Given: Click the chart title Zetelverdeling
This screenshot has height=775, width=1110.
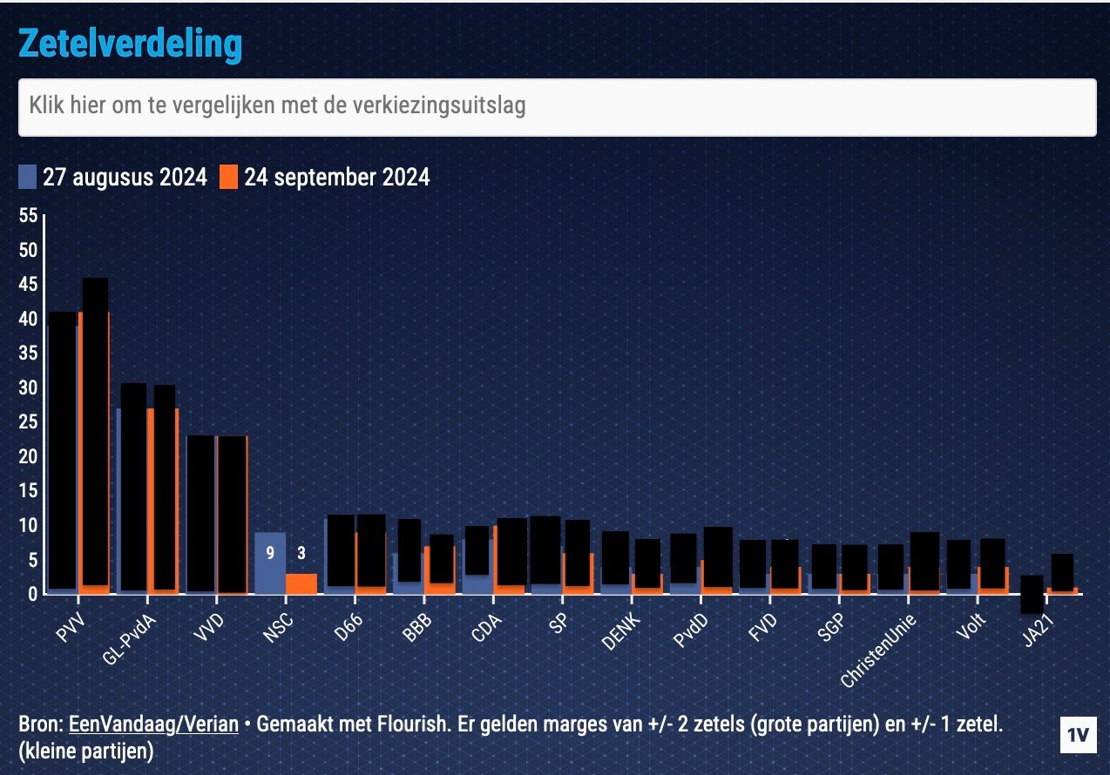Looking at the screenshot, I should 130,44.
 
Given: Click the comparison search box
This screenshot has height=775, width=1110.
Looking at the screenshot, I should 557,107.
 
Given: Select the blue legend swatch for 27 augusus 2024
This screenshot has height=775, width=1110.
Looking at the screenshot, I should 28,178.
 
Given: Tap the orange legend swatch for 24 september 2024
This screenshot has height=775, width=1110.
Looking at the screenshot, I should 228,178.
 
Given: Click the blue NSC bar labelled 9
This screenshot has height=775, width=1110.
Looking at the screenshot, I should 270,563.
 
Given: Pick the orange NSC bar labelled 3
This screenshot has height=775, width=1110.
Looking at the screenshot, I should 301,583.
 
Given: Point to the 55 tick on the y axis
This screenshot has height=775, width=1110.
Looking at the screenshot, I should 28,215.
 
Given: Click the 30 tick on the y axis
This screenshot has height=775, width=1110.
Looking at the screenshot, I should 28,387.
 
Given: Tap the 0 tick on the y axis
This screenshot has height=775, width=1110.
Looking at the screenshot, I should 32,595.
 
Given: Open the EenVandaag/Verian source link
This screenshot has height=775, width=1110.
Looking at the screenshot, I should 152,724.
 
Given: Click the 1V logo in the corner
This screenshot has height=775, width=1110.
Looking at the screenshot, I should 1079,734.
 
